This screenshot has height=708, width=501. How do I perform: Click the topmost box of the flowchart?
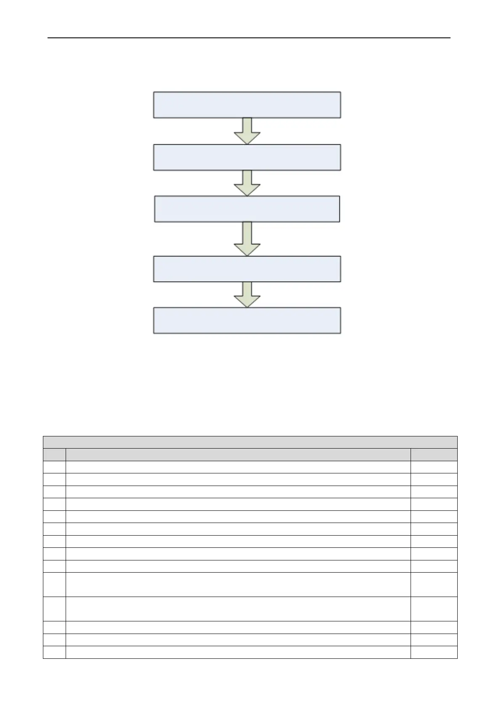(247, 105)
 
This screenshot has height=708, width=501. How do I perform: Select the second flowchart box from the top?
(247, 157)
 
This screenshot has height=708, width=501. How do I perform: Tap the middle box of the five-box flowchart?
(247, 209)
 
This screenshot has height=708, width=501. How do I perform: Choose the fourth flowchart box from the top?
(247, 269)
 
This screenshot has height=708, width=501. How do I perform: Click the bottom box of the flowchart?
(247, 321)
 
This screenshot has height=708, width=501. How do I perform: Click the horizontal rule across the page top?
(249, 38)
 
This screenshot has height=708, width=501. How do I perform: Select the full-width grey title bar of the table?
(250, 442)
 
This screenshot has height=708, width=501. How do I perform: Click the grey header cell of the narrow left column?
(54, 454)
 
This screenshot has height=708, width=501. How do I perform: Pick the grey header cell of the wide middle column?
(238, 454)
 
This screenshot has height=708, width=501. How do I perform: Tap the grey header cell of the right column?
(434, 454)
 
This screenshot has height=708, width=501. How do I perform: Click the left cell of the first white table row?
(54, 467)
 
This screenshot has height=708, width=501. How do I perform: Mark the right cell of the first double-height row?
(434, 584)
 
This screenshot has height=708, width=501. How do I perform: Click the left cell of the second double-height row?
(54, 609)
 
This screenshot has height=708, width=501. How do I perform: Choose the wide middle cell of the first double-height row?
(238, 584)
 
